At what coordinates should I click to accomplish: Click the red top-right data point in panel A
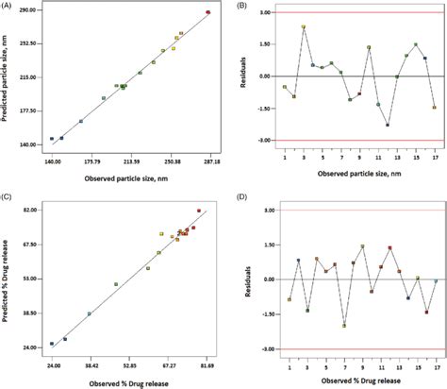pos(208,12)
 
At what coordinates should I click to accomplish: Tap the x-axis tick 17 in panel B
pos(434,156)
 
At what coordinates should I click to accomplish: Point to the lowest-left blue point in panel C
pos(52,344)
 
